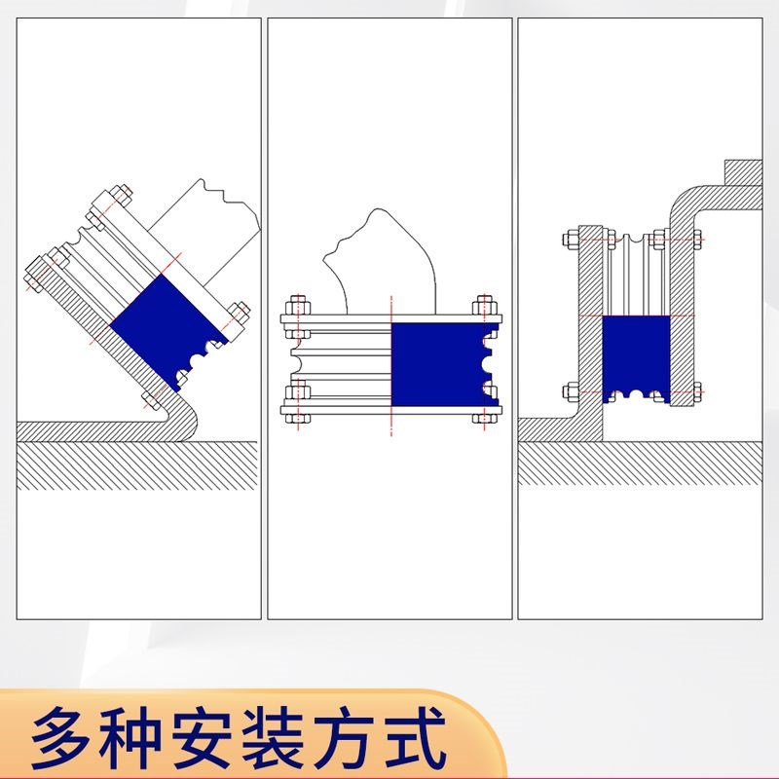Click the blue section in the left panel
161,321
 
